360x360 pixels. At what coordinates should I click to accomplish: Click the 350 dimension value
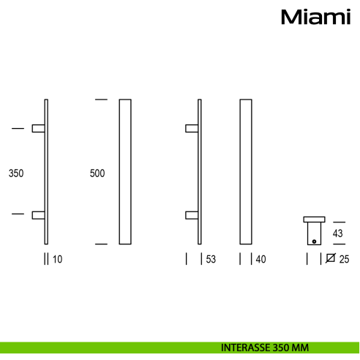click(16, 174)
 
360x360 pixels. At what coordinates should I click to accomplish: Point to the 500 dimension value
click(97, 174)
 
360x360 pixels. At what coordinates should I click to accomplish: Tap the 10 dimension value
click(57, 258)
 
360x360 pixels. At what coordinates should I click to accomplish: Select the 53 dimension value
click(211, 258)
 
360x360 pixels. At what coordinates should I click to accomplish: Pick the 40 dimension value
click(260, 258)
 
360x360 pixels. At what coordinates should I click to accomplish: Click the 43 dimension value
click(337, 233)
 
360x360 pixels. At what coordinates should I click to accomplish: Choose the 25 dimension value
click(344, 258)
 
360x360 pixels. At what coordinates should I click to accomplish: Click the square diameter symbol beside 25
click(330, 258)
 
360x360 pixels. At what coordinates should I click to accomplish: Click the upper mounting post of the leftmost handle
click(38, 129)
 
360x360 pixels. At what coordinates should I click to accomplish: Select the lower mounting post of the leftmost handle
click(38, 214)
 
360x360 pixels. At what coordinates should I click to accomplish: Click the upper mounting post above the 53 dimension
click(191, 129)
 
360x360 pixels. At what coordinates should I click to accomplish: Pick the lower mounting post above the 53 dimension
click(191, 214)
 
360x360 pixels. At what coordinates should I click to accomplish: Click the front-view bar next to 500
click(124, 170)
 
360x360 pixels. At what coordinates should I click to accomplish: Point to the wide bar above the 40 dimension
click(246, 170)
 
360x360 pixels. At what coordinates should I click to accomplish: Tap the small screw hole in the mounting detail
click(314, 241)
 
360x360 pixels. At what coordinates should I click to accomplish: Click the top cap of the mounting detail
click(314, 219)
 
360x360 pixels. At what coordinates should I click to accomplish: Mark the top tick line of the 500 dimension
click(101, 99)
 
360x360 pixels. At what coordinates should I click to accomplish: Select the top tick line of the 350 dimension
click(18, 129)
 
